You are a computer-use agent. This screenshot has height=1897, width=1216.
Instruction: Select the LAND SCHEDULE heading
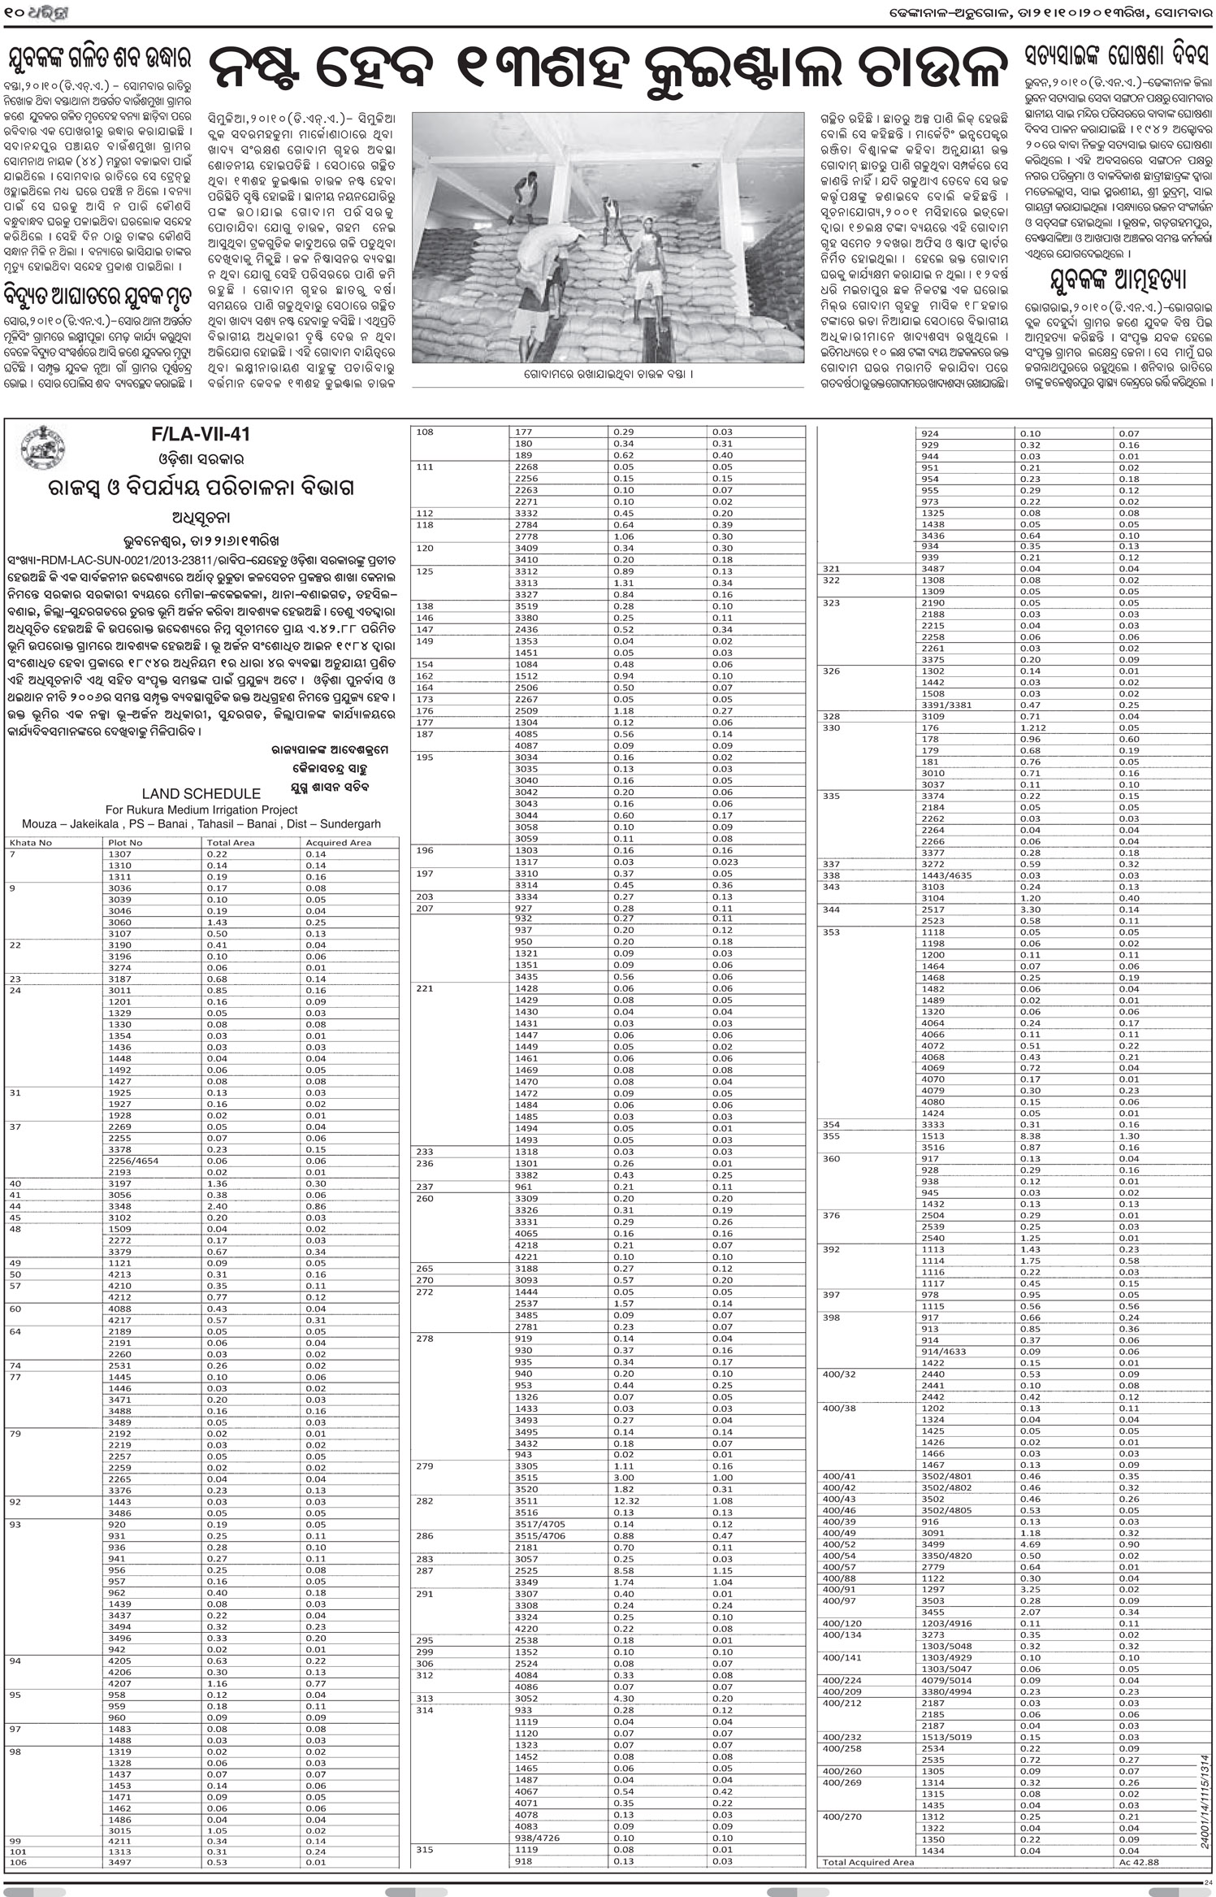click(201, 793)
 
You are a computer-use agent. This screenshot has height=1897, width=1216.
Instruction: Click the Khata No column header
click(30, 842)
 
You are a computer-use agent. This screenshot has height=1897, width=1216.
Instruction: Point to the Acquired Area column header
click(338, 842)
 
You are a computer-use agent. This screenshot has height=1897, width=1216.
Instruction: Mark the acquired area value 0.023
click(725, 862)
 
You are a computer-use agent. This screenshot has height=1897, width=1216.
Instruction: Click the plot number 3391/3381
click(946, 705)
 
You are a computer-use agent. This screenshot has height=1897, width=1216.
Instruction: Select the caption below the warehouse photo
click(609, 374)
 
